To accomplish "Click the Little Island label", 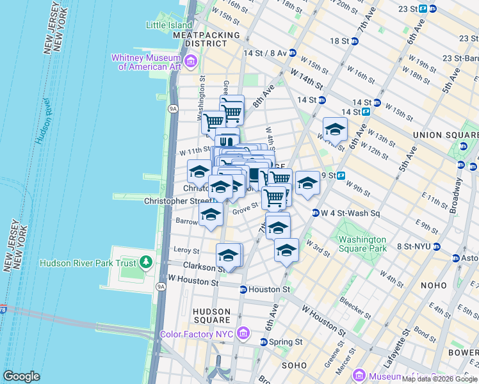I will tap(168, 25).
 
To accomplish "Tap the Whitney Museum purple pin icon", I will tap(191, 62).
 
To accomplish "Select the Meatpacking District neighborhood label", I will tap(206, 39).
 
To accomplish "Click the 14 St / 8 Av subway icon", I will tap(292, 52).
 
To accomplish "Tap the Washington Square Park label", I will tap(362, 244).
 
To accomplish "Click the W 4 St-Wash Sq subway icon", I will tap(316, 213).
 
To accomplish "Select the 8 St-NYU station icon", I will tap(437, 246).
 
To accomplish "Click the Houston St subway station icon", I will tap(243, 289).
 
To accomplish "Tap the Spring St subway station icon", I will tap(264, 342).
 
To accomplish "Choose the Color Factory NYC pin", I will tap(243, 333).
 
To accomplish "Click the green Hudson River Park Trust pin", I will tap(146, 262).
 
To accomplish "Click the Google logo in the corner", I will tap(21, 376).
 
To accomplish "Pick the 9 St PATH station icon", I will tap(341, 175).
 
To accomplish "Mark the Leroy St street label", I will tap(186, 252).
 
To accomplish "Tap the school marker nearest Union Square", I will tap(334, 131).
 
